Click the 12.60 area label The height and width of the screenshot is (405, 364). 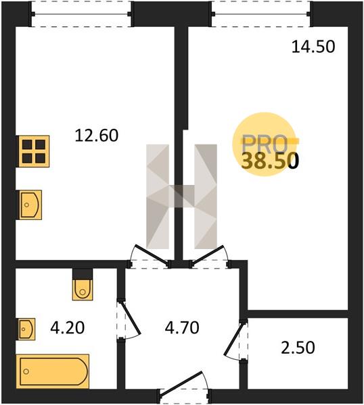(97, 136)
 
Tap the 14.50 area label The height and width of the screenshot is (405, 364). (313, 47)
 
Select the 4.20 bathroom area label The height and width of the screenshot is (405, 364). (68, 328)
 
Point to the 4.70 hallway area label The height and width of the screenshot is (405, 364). (182, 327)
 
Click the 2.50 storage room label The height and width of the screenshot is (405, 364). (298, 348)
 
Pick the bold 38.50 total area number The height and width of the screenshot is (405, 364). (270, 161)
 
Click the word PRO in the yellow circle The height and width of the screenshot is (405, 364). (265, 144)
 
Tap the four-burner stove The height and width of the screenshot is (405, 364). (34, 151)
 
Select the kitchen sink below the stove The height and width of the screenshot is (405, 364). (29, 205)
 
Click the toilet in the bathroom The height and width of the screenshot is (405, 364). (83, 285)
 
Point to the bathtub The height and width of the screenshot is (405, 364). (53, 371)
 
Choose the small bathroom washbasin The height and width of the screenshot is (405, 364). (26, 329)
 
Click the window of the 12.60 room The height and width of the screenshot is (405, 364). (81, 14)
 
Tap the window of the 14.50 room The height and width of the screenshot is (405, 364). (260, 14)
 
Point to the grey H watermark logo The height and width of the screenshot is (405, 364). (182, 196)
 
